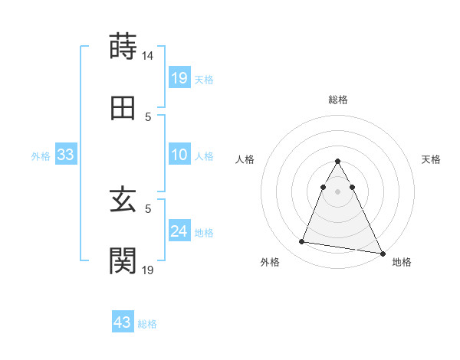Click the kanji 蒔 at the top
[x=123, y=47]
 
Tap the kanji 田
[x=123, y=109]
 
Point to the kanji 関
[x=123, y=260]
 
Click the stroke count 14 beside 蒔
[x=148, y=56]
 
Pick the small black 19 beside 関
[x=148, y=270]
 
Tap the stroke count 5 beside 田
[x=149, y=117]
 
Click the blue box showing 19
[x=179, y=78]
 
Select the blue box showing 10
[x=179, y=155]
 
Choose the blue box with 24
[x=179, y=231]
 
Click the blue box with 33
[x=66, y=155]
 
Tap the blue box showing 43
[x=123, y=322]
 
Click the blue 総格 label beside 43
[x=147, y=324]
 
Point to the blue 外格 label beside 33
[x=41, y=156]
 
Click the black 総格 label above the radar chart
[x=338, y=100]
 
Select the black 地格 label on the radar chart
[x=402, y=262]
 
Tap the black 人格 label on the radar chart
[x=246, y=159]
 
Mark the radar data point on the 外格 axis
[x=301, y=242]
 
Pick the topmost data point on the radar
[x=338, y=162]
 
